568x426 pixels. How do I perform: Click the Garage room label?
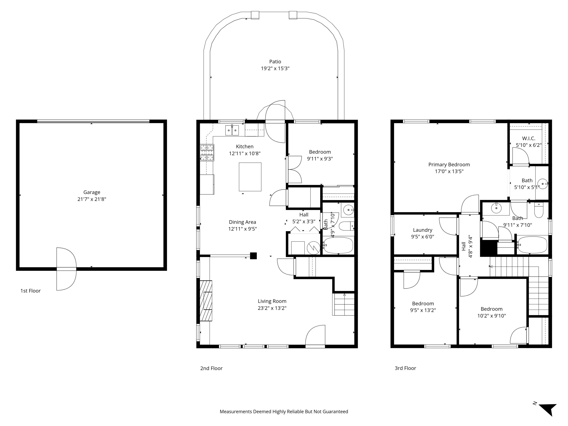[92, 192]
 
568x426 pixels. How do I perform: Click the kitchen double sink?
[232, 130]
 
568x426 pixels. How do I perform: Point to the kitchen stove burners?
[207, 153]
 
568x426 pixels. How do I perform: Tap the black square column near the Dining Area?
[253, 256]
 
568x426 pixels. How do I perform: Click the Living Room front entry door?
[315, 336]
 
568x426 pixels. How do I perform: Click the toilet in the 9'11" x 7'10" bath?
[538, 210]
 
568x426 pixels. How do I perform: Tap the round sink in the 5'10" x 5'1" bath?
[542, 184]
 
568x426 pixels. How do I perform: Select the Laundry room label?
[422, 230]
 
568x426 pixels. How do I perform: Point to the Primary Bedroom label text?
[449, 165]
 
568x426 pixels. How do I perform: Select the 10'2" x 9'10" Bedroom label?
[491, 309]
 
